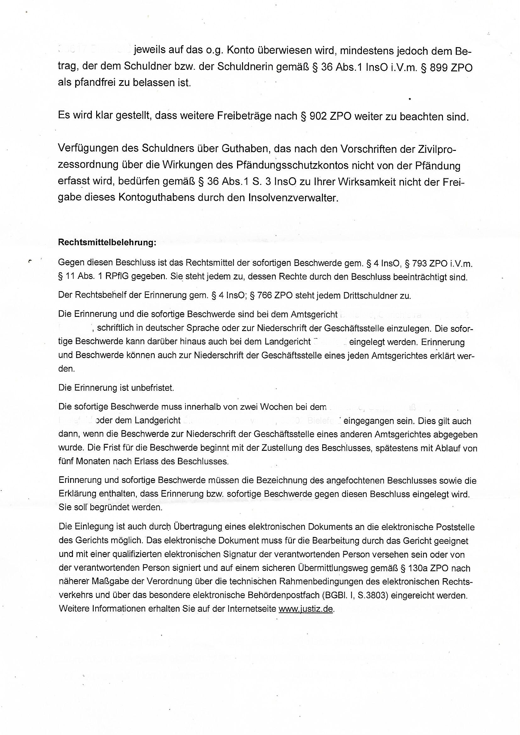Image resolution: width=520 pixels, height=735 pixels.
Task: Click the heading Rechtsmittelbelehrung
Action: (107, 243)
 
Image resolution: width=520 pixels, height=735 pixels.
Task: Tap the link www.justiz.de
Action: (306, 609)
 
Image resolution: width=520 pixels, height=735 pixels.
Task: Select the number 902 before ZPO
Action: (318, 116)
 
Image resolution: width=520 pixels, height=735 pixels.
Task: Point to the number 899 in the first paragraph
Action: (439, 68)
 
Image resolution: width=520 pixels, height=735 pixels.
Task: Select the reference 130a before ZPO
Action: (418, 568)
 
